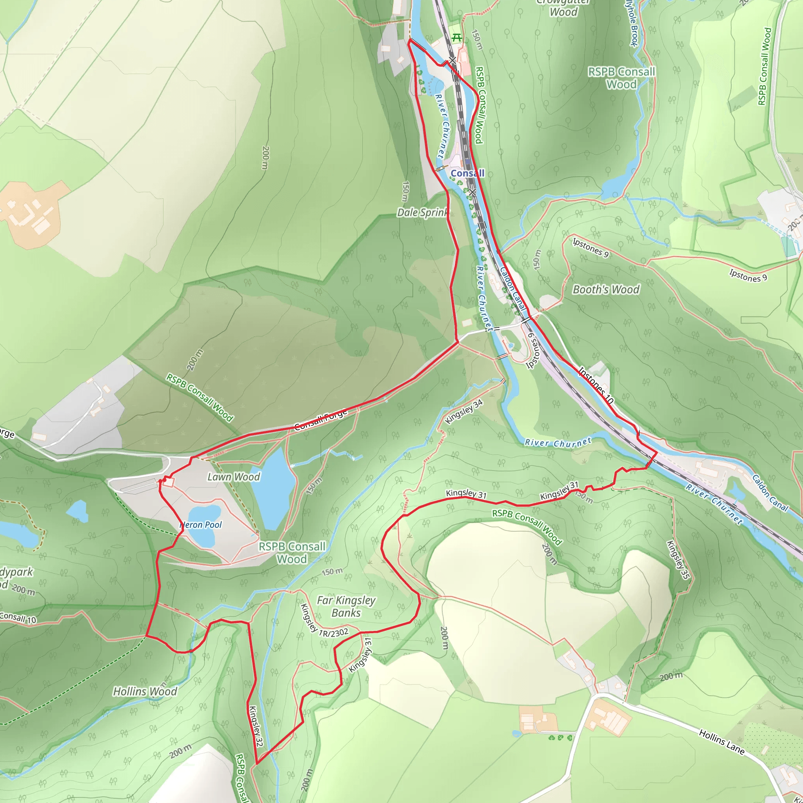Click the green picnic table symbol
(x=457, y=38)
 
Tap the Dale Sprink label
(x=422, y=213)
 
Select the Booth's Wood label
(x=606, y=290)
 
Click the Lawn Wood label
(x=234, y=477)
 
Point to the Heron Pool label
(x=201, y=525)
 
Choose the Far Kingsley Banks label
(x=346, y=607)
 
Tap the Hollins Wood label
(x=145, y=692)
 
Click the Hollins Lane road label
(x=721, y=741)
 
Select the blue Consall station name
(x=468, y=173)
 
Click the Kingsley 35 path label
(x=678, y=559)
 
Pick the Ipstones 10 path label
(x=596, y=385)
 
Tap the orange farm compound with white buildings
(x=33, y=214)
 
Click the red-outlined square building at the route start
(x=168, y=482)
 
